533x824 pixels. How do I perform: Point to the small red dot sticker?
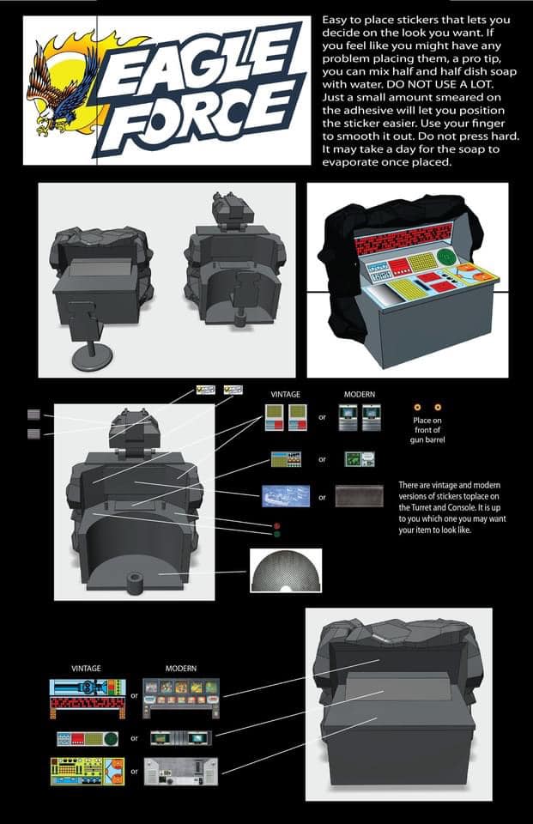276,525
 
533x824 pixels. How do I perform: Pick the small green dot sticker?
276,535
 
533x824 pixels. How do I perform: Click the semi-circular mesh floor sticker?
286,571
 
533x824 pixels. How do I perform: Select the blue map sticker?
286,496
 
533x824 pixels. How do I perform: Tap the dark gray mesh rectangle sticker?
359,496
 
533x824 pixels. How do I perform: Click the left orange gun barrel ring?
417,407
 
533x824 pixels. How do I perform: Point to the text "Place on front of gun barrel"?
427,430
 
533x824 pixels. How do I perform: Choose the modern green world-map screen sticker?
360,458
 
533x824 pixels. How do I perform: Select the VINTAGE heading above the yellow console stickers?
86,669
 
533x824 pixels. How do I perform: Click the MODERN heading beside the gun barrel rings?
360,394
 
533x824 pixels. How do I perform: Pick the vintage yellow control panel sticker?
88,771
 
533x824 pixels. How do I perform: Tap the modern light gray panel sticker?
181,771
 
